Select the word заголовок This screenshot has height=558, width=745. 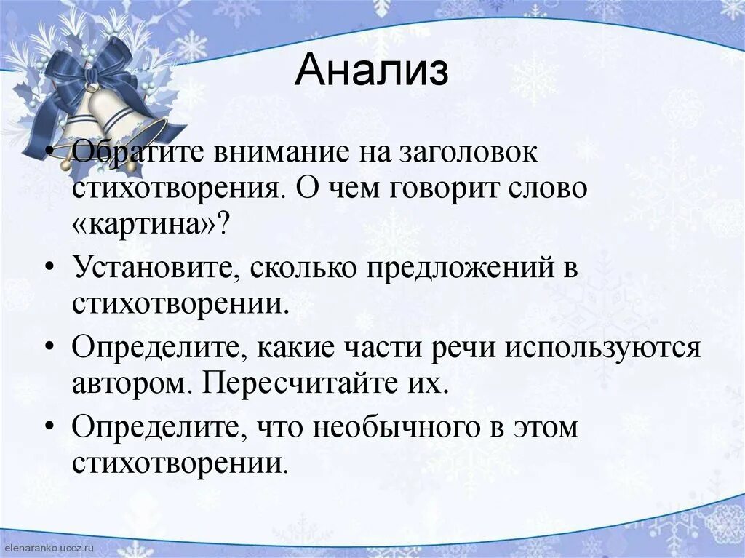(x=460, y=154)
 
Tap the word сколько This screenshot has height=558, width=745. (x=303, y=268)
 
